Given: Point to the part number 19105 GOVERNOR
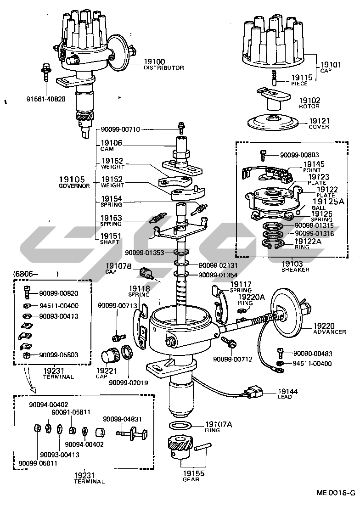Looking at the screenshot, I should click(x=74, y=182).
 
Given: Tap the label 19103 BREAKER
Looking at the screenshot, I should click(x=295, y=266).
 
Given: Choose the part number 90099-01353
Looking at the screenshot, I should click(x=144, y=253).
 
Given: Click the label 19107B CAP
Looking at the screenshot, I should click(x=112, y=268).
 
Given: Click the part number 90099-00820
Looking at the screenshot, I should click(x=58, y=293).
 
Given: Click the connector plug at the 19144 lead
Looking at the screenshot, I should click(x=254, y=393).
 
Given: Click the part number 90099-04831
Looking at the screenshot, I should click(x=122, y=419).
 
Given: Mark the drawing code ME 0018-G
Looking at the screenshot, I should click(x=336, y=493).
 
